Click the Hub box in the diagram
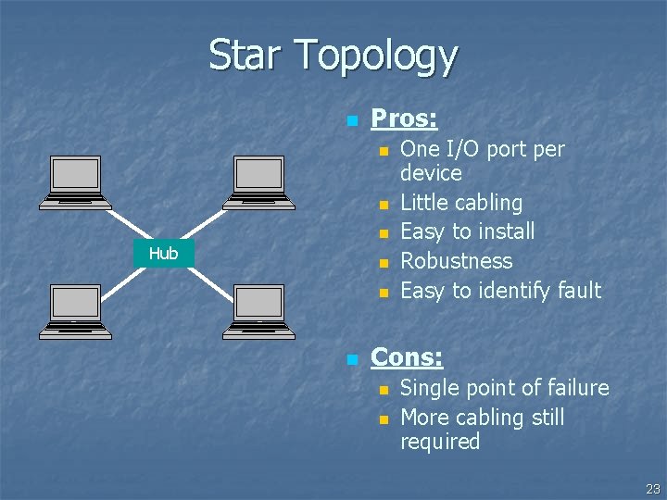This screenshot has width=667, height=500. (x=163, y=253)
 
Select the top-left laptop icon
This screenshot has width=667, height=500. (x=77, y=181)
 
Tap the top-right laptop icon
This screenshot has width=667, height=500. (x=258, y=181)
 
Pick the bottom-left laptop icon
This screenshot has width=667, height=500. (x=77, y=309)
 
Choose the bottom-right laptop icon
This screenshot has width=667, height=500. (x=258, y=309)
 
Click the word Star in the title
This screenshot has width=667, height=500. (x=246, y=55)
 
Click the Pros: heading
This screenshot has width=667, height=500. (x=404, y=119)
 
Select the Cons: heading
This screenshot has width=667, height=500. (x=407, y=356)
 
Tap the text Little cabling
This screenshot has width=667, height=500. (x=461, y=203)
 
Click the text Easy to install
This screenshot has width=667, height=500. (x=467, y=231)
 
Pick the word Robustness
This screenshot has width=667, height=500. (x=456, y=261)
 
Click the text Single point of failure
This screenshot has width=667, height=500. (x=504, y=388)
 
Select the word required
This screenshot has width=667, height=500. (x=440, y=442)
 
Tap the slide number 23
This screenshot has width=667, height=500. (x=653, y=488)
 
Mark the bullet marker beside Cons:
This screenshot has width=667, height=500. (x=351, y=358)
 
